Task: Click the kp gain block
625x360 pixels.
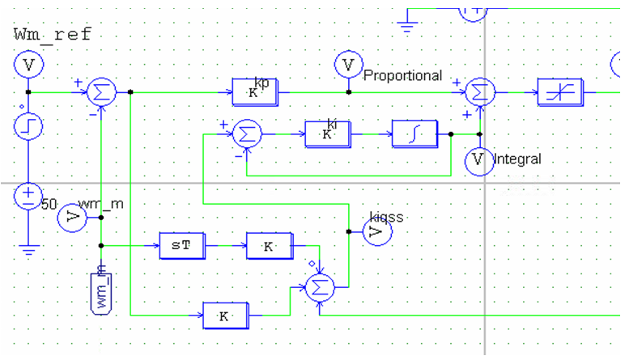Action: [x=254, y=92]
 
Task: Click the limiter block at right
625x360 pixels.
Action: [x=559, y=93]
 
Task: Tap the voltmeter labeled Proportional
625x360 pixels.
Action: [x=349, y=64]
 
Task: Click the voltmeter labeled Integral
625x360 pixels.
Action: [x=478, y=161]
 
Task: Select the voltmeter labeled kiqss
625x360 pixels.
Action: [x=375, y=232]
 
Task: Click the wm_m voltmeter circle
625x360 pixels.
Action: [x=74, y=217]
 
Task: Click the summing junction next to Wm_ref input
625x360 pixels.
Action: [x=102, y=92]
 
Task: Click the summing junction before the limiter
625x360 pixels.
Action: [x=480, y=92]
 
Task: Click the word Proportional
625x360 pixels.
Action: [x=403, y=76]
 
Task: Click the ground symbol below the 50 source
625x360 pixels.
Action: [x=28, y=250]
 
